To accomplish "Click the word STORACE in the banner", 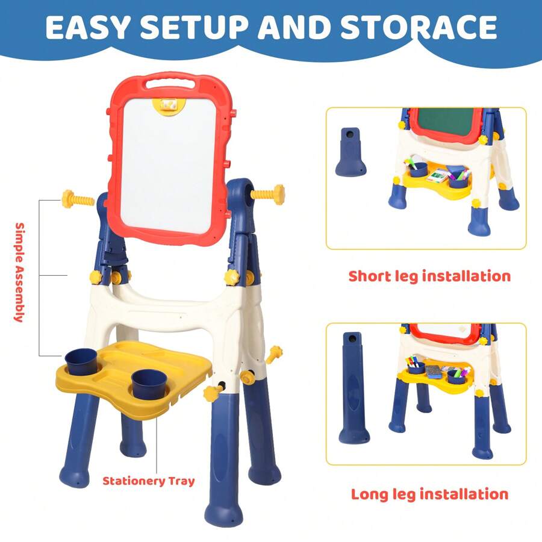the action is click(x=419, y=27).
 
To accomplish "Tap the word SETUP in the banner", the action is click(x=195, y=27).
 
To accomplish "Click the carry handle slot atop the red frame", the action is click(x=170, y=84).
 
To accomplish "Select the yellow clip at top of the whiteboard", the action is click(x=169, y=106).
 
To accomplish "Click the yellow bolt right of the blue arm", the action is click(x=267, y=195).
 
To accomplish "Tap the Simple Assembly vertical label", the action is click(x=19, y=272).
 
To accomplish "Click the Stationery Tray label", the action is click(x=149, y=481).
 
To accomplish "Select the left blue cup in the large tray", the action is click(x=81, y=361).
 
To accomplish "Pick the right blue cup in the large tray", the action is click(x=149, y=384).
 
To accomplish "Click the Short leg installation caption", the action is click(x=429, y=276).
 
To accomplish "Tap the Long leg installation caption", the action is click(x=429, y=494).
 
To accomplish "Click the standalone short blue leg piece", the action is click(x=350, y=152).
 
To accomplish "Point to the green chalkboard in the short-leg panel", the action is click(x=446, y=123).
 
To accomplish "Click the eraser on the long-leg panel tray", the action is click(x=435, y=371).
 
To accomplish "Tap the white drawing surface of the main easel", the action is click(x=169, y=165).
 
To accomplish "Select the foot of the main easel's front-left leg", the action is click(x=74, y=476).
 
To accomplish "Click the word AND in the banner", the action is click(x=294, y=27).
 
